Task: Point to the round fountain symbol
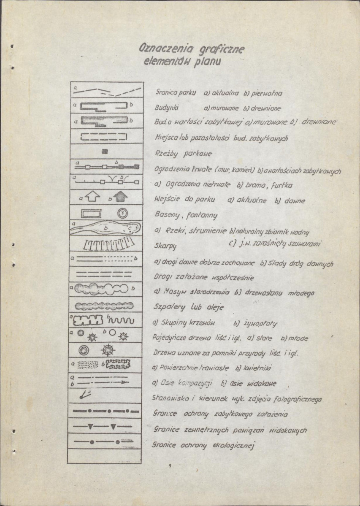[x=122, y=212]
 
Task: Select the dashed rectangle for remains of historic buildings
[x=103, y=136]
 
